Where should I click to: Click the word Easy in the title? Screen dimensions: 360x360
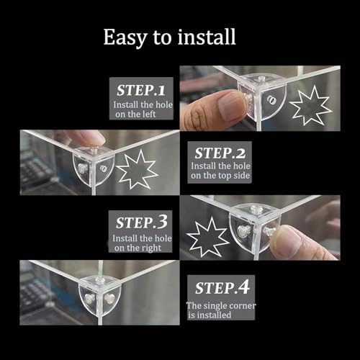pyautogui.click(x=125, y=37)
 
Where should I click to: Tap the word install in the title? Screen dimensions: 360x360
pyautogui.click(x=207, y=37)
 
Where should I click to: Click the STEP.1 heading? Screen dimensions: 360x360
pyautogui.click(x=141, y=90)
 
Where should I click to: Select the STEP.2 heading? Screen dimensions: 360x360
pyautogui.click(x=220, y=153)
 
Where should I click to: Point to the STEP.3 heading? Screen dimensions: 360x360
pyautogui.click(x=142, y=222)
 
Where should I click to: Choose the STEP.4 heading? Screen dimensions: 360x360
pyautogui.click(x=222, y=287)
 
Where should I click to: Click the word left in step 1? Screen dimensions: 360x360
pyautogui.click(x=147, y=114)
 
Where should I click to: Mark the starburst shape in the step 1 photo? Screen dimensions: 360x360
pyautogui.click(x=309, y=105)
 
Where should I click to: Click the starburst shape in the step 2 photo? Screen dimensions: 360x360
pyautogui.click(x=137, y=169)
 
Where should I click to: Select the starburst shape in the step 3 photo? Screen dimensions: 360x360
pyautogui.click(x=207, y=237)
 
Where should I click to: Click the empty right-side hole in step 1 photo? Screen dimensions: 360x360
pyautogui.click(x=271, y=100)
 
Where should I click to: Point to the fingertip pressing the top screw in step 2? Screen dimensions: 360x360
pyautogui.click(x=93, y=140)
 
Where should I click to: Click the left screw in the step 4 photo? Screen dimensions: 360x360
pyautogui.click(x=89, y=299)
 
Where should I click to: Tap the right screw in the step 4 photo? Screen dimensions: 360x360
pyautogui.click(x=109, y=298)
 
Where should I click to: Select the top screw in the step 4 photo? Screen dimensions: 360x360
pyautogui.click(x=100, y=280)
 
